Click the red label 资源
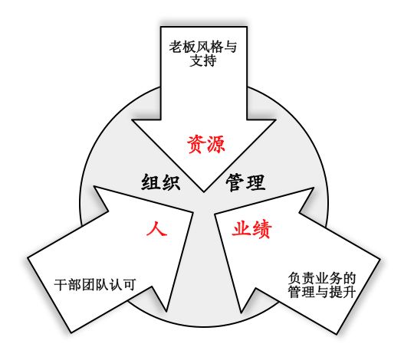(206, 144)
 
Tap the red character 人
(157, 227)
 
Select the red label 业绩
(252, 229)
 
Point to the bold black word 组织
(161, 182)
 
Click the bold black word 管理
(245, 182)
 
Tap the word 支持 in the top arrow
(203, 61)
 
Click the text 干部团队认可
(95, 285)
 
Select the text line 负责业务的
(322, 278)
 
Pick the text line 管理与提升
(322, 292)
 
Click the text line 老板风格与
(203, 47)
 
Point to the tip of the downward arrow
(204, 191)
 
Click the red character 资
(196, 144)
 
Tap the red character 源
(215, 144)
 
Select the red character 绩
(262, 229)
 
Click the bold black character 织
(171, 182)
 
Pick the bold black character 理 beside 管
(255, 182)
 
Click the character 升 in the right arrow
(350, 292)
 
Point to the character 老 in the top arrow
(176, 47)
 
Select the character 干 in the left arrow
(61, 285)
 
